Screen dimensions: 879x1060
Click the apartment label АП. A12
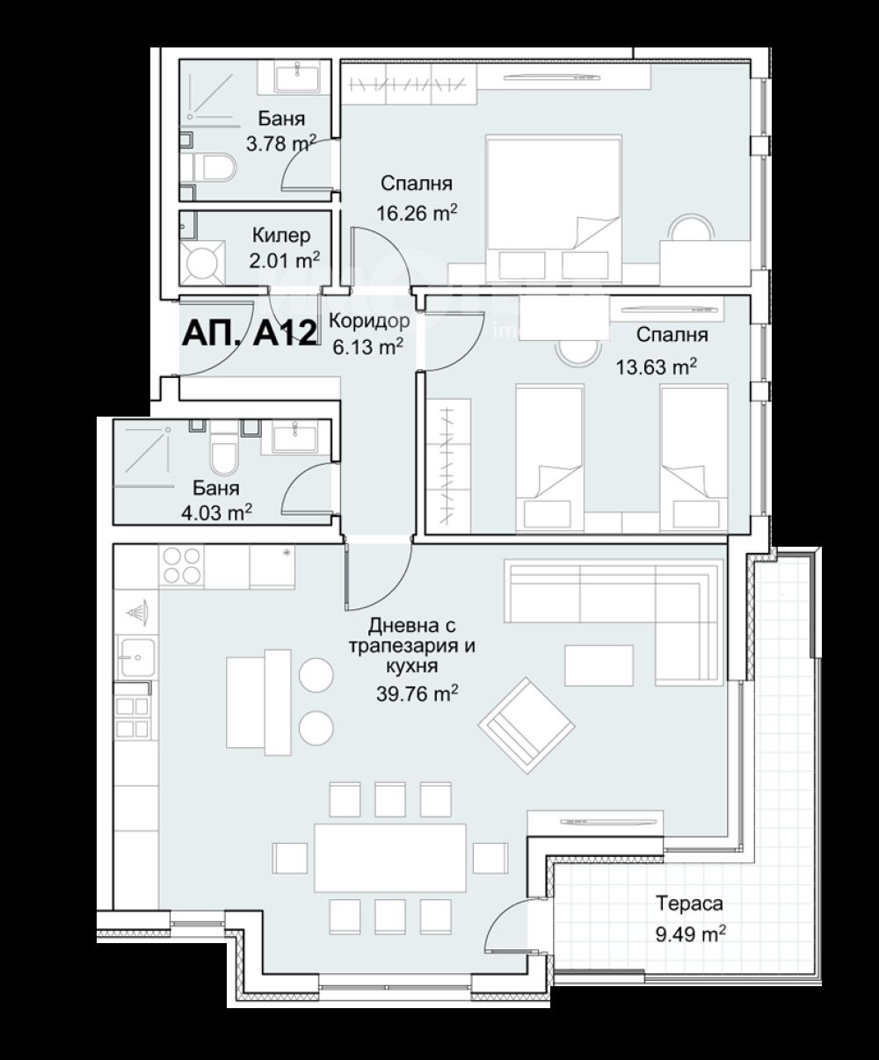(250, 333)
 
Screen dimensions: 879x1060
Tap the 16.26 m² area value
(417, 213)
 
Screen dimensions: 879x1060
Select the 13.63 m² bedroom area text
(656, 366)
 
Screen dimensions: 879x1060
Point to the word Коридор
(369, 321)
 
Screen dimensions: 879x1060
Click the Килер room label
(280, 236)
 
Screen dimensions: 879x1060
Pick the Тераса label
(689, 904)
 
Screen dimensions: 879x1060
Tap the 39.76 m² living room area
(417, 693)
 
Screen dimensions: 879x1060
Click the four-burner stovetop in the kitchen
(181, 567)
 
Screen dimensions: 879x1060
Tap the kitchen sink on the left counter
(136, 657)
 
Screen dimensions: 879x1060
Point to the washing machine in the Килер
(201, 263)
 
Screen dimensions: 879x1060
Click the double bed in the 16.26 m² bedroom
(554, 208)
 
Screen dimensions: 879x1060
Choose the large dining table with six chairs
(390, 858)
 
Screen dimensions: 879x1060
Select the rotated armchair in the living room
(527, 726)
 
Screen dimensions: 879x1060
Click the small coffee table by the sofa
(599, 665)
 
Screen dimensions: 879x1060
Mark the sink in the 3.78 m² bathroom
(296, 76)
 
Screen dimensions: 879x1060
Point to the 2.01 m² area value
(285, 260)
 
